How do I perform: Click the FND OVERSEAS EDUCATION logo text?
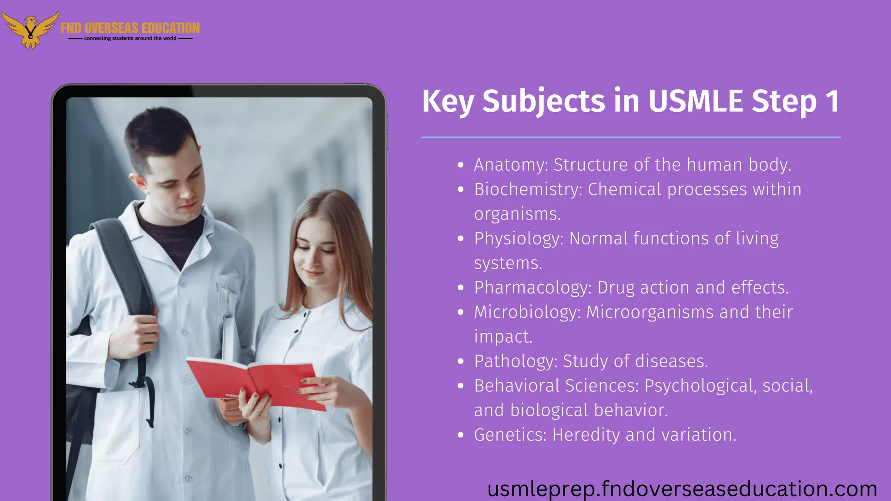[x=130, y=28]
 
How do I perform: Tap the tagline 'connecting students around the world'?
[x=130, y=38]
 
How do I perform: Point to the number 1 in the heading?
[x=832, y=101]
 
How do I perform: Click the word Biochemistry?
[x=528, y=189]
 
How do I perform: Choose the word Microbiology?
[x=527, y=312]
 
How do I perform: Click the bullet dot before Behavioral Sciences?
[x=461, y=386]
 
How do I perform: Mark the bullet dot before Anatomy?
[x=461, y=165]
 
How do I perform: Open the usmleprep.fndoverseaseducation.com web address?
[x=682, y=489]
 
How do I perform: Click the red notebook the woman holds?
[x=257, y=381]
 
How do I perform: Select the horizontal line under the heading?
[x=631, y=137]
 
